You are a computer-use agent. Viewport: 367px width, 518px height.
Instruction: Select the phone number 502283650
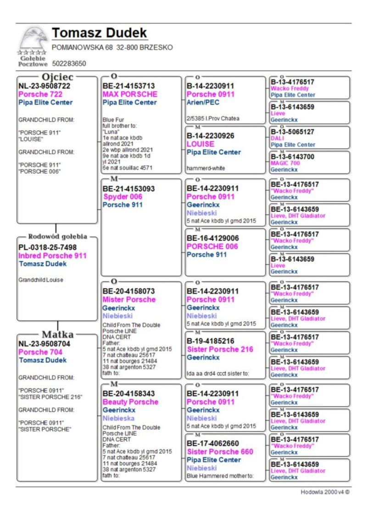69,64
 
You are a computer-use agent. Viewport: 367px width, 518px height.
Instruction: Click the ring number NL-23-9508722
44,86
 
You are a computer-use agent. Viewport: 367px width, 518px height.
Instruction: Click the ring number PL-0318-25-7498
48,248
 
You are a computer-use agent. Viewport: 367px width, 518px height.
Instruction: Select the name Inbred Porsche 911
52,256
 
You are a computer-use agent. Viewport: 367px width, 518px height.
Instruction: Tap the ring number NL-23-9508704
44,344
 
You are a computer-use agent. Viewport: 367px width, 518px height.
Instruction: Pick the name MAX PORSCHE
130,94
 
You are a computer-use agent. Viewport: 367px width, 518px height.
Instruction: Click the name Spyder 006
122,197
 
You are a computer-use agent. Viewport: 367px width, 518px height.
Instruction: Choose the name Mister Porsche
129,299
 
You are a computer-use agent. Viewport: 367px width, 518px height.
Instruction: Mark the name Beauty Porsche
130,402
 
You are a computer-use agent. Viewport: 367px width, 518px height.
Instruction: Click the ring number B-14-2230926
210,136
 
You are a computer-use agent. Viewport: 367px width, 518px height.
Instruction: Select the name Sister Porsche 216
220,349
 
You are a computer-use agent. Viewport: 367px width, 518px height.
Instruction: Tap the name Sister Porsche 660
220,452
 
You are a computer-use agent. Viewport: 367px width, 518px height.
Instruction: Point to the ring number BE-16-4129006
213,238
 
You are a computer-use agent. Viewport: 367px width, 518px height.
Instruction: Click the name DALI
277,138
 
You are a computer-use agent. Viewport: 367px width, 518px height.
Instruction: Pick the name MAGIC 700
285,163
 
